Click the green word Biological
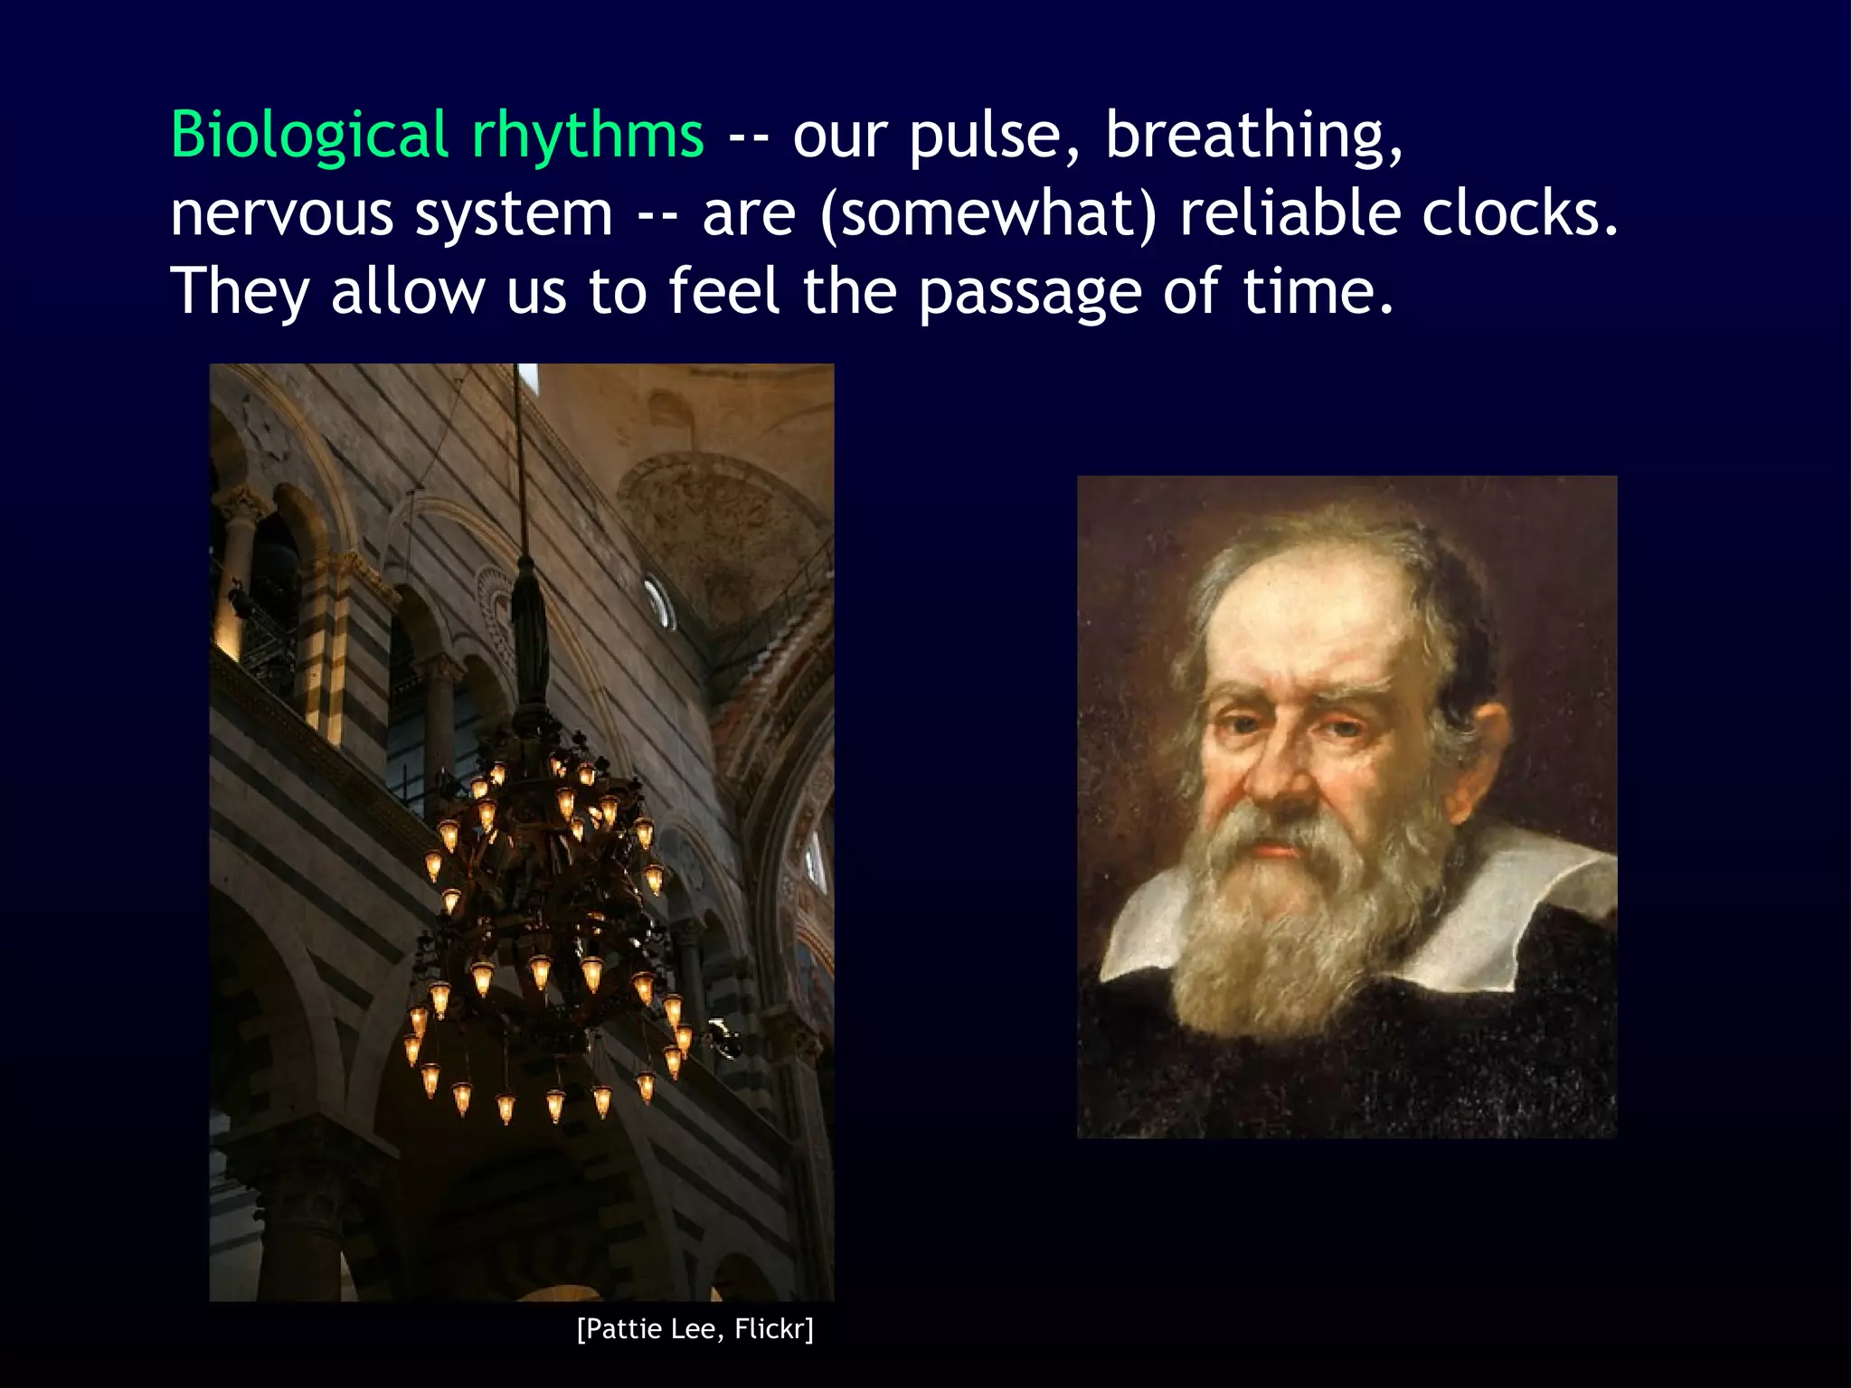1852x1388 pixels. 309,136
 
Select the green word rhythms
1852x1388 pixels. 587,136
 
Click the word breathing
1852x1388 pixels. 1253,136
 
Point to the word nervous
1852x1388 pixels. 281,215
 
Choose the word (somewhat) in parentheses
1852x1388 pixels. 988,215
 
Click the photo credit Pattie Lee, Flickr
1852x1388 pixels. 694,1328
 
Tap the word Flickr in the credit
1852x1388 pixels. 773,1328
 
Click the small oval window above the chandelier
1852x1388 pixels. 658,602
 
